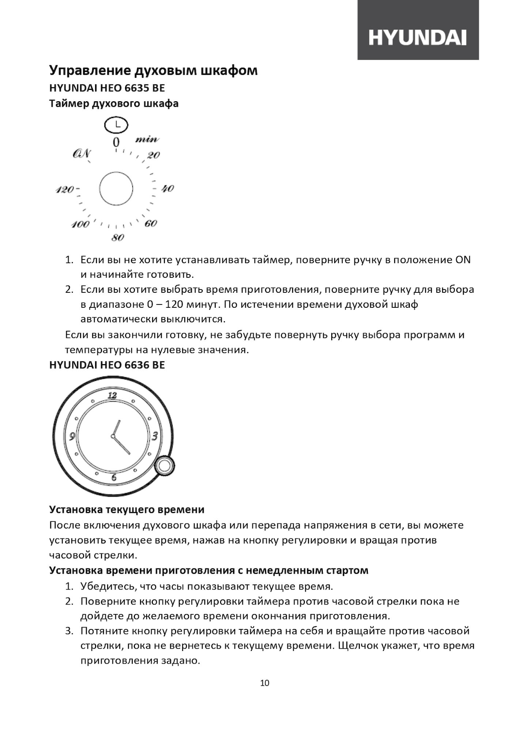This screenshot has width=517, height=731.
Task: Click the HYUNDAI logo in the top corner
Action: point(418,37)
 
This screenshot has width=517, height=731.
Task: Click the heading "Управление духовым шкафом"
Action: point(153,70)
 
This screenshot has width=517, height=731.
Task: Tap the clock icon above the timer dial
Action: point(116,125)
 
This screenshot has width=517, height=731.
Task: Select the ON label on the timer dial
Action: point(82,154)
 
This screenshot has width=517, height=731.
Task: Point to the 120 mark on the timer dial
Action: point(65,190)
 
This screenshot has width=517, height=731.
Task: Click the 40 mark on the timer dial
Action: point(168,189)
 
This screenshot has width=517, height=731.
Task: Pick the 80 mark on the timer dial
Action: point(118,238)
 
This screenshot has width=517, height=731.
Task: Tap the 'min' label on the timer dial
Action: point(147,139)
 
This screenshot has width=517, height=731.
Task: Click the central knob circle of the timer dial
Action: point(116,189)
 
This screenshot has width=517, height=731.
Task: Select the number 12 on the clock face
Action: point(112,395)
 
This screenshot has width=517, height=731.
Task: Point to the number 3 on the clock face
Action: point(155,436)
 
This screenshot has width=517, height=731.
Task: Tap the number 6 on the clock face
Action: point(114,477)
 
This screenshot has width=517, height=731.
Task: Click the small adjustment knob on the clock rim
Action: point(164,466)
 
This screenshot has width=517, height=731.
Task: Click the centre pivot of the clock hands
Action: point(113,436)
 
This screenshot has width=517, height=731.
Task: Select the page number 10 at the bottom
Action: point(265,683)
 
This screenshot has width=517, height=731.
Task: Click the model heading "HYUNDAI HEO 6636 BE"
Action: point(107,365)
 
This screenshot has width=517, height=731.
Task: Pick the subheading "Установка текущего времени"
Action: point(127,509)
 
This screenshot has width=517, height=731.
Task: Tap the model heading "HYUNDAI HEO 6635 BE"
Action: point(107,88)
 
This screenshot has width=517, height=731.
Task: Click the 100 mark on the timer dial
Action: point(80,224)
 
